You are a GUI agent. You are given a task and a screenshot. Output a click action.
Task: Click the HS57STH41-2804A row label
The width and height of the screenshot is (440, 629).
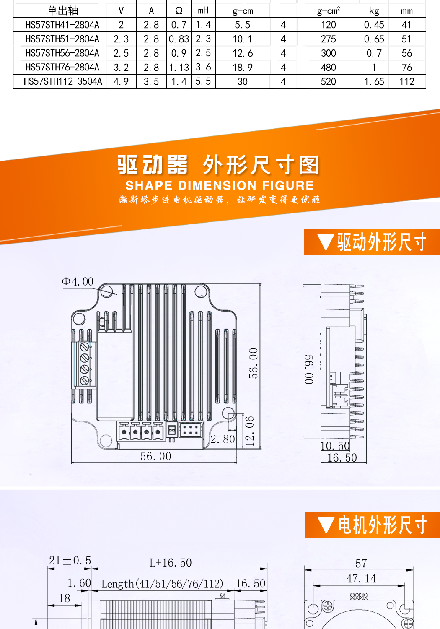point(62,25)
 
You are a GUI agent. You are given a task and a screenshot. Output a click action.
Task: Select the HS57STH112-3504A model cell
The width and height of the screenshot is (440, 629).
point(63,81)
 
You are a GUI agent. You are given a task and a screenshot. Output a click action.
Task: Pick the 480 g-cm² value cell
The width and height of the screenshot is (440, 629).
point(329,68)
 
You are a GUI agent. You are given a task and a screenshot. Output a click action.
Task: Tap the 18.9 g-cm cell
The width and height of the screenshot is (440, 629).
point(243,68)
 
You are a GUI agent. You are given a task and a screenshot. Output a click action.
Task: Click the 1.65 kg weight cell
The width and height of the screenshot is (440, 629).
point(374,82)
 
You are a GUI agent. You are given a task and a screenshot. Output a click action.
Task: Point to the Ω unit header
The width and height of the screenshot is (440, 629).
point(179,10)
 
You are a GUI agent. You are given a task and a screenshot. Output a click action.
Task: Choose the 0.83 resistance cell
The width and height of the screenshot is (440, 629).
point(179,39)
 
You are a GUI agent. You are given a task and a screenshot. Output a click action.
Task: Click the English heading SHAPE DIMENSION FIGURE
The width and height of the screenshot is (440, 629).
point(220,185)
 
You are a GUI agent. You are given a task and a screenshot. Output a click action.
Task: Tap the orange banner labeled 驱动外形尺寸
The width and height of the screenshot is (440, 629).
point(372,242)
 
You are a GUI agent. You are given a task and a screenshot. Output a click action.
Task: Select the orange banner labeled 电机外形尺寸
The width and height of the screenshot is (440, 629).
point(372,525)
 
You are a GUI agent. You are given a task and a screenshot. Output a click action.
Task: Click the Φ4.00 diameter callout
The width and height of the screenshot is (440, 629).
point(78,281)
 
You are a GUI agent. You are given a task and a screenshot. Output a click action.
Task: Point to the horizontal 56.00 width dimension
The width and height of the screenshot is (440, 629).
point(156,456)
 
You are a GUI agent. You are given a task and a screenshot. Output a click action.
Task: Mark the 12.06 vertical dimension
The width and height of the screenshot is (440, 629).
point(250,431)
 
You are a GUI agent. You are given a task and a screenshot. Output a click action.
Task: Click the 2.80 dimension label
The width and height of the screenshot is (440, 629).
point(223,439)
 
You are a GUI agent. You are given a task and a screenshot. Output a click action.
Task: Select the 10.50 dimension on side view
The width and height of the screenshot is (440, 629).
point(335,446)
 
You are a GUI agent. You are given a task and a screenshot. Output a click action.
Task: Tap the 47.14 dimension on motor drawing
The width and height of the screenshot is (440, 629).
point(361,579)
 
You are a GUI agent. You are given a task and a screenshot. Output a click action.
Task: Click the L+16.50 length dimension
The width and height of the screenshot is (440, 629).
point(171,563)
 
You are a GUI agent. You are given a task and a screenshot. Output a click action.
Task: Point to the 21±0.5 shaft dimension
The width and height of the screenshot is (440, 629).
point(70,560)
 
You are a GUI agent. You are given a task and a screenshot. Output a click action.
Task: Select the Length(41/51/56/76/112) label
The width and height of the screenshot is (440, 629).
point(162,584)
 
